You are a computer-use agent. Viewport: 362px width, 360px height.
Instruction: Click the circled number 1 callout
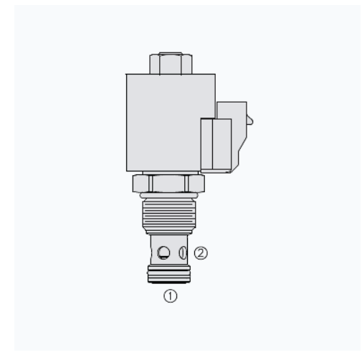click(x=170, y=296)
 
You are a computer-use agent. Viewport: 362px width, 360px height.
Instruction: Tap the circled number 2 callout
click(x=201, y=253)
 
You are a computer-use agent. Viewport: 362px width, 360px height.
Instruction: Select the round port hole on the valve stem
click(x=163, y=252)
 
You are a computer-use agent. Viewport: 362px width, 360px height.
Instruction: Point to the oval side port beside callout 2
click(x=183, y=252)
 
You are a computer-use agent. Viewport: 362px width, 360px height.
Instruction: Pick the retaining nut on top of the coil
click(x=171, y=63)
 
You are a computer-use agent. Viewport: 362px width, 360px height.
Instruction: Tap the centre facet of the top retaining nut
click(x=171, y=64)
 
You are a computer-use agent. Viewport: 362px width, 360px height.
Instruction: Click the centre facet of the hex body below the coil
click(x=168, y=184)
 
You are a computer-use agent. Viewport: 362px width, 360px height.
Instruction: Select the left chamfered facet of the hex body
click(x=141, y=184)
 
